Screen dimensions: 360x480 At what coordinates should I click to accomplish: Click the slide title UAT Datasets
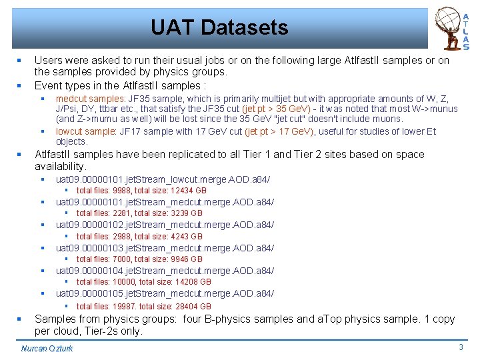coord(219,28)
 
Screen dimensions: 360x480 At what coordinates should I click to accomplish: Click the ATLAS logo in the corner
coord(451,28)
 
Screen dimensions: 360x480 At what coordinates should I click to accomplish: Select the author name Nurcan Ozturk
coord(47,349)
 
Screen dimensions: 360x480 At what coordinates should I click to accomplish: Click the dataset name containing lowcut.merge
coord(163,179)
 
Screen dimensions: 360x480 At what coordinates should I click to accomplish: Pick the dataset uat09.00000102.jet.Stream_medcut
coord(165,225)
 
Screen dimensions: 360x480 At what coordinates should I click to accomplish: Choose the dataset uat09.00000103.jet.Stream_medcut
coord(165,248)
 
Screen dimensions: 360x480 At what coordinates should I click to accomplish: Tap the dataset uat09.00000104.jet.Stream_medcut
coord(165,271)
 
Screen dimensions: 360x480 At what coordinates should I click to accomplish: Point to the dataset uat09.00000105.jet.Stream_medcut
coord(165,293)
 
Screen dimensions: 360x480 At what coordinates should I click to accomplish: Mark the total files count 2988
coord(121,236)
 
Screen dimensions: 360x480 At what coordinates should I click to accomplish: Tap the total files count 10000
coord(123,281)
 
